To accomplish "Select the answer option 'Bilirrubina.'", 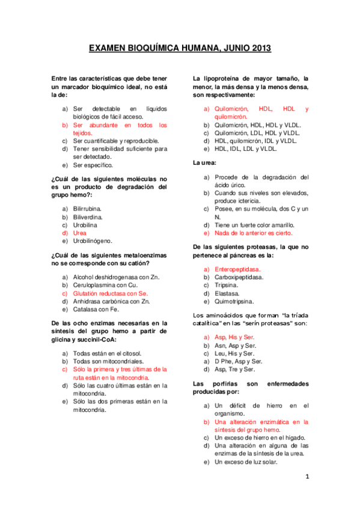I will click(x=87, y=208).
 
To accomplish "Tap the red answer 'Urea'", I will click(x=80, y=232).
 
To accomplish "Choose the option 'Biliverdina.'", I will click(x=88, y=217).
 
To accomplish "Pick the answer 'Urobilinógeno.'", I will click(x=93, y=241).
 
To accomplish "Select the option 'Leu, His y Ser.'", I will click(x=234, y=354).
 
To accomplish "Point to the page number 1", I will click(x=307, y=477).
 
